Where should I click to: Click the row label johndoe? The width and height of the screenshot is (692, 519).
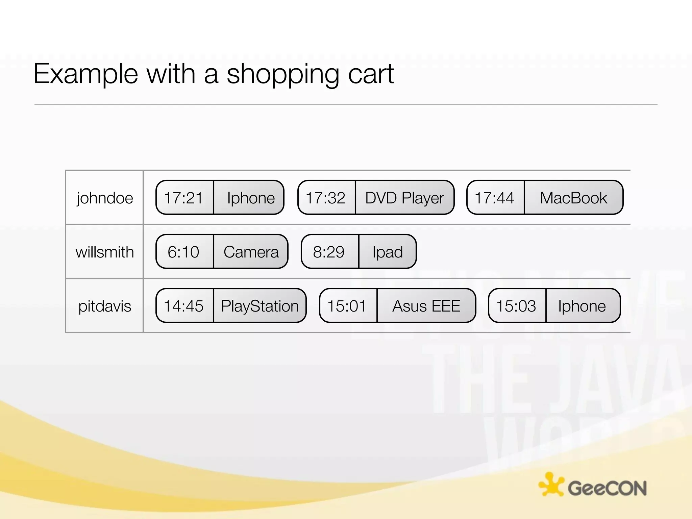105,198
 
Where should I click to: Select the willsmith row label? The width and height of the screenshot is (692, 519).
105,252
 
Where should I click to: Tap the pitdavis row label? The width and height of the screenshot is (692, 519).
105,306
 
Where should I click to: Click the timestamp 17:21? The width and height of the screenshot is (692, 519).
183,198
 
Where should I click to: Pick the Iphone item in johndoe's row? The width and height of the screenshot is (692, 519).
251,198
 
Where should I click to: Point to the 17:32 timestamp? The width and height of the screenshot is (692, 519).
325,198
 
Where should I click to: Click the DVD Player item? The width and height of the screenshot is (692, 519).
404,198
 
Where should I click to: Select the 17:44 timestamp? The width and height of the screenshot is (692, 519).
494,198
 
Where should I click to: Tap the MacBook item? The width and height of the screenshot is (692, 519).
573,198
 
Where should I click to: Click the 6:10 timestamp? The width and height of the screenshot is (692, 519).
183,252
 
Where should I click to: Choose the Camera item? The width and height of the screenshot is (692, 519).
251,252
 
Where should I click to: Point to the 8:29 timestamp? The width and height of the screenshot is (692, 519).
329,252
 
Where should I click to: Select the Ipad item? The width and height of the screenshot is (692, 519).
388,252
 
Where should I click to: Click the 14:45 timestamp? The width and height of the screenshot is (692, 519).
183,306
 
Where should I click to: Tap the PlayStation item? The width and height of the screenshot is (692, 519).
260,306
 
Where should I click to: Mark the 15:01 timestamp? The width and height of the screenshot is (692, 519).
347,306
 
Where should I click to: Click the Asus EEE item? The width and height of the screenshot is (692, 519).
426,306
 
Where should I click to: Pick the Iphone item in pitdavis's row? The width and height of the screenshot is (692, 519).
582,306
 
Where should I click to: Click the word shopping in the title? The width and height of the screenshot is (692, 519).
282,74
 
